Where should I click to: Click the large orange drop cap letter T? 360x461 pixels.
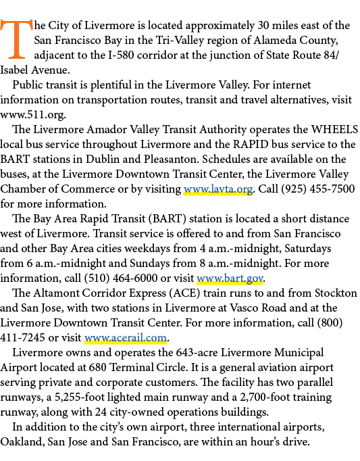tap(16, 39)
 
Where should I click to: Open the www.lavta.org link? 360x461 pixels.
tap(218, 189)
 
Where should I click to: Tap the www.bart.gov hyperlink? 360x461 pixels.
tap(230, 278)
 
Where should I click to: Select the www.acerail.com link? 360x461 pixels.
tap(126, 337)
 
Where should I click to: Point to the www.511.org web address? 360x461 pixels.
tap(32, 115)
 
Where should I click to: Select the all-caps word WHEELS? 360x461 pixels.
tap(334, 129)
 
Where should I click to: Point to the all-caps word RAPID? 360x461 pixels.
tap(251, 145)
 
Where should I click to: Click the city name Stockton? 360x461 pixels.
tap(336, 293)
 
